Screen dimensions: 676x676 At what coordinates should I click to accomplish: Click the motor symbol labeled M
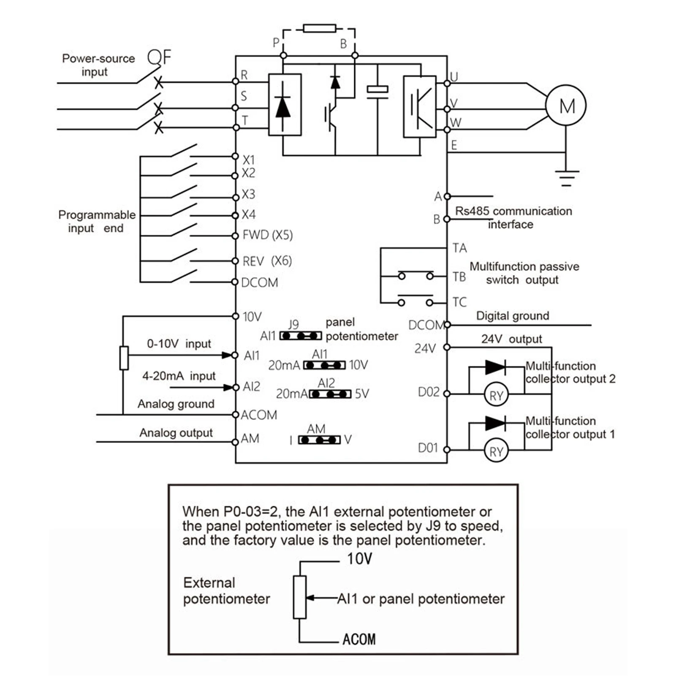pyautogui.click(x=566, y=106)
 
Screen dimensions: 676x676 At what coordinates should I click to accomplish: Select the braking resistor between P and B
pyautogui.click(x=320, y=29)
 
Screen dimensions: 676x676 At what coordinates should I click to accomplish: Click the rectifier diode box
pyautogui.click(x=285, y=105)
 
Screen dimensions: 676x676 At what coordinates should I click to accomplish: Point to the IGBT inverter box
pyautogui.click(x=420, y=106)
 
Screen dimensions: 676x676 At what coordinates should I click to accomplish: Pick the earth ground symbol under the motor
pyautogui.click(x=567, y=177)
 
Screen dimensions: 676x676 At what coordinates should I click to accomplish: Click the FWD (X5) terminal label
pyautogui.click(x=267, y=235)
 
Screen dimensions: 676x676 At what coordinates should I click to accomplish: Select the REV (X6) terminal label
pyautogui.click(x=267, y=261)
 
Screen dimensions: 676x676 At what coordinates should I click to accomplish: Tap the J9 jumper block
pyautogui.click(x=301, y=336)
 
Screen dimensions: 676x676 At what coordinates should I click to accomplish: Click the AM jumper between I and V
pyautogui.click(x=319, y=440)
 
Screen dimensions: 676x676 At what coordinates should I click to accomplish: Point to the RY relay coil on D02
pyautogui.click(x=496, y=395)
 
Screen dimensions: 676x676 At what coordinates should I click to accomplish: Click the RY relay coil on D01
pyautogui.click(x=496, y=451)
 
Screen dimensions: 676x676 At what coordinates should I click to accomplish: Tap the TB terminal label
pyautogui.click(x=459, y=277)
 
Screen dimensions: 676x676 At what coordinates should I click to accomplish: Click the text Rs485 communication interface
pyautogui.click(x=513, y=217)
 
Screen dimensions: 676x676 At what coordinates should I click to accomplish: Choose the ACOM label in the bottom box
pyautogui.click(x=358, y=639)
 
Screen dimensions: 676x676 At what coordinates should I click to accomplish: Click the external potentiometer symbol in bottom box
pyautogui.click(x=299, y=597)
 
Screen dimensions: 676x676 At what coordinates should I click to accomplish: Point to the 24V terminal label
pyautogui.click(x=425, y=348)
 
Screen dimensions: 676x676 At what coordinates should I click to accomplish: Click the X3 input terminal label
pyautogui.click(x=248, y=194)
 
